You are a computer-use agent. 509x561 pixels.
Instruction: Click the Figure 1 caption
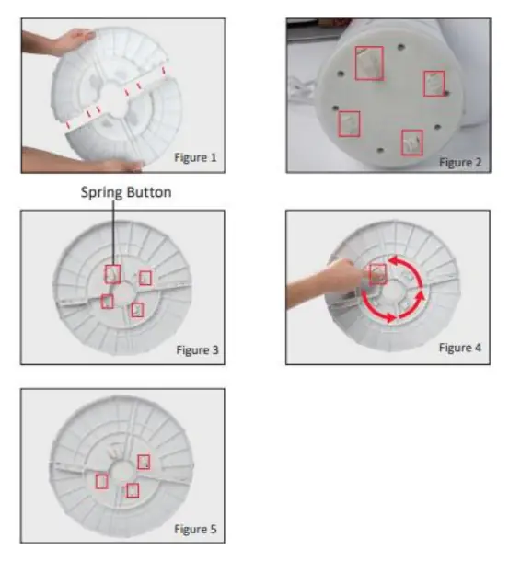pyautogui.click(x=195, y=157)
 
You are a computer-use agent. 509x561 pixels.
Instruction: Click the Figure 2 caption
pyautogui.click(x=460, y=162)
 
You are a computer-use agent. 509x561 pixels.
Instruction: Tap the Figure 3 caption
pyautogui.click(x=197, y=349)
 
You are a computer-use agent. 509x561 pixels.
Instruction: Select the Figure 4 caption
pyautogui.click(x=460, y=348)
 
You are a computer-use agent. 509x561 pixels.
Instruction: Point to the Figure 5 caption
pyautogui.click(x=195, y=529)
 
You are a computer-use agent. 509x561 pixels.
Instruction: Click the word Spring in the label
pyautogui.click(x=102, y=192)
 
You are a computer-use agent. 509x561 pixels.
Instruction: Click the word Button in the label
pyautogui.click(x=149, y=192)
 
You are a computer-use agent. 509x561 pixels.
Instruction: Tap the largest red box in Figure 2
pyautogui.click(x=369, y=63)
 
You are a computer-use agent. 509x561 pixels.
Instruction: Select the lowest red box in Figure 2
pyautogui.click(x=412, y=143)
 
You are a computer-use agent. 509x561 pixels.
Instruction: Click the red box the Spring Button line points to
pyautogui.click(x=112, y=274)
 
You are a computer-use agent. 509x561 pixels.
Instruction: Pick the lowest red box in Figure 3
pyautogui.click(x=137, y=310)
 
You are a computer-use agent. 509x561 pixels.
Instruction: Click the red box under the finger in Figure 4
pyautogui.click(x=377, y=274)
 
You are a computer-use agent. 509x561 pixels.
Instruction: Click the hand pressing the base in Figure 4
pyautogui.click(x=322, y=282)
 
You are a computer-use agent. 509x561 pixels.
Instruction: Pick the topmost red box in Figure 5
pyautogui.click(x=144, y=462)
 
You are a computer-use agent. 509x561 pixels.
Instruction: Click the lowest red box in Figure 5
pyautogui.click(x=133, y=490)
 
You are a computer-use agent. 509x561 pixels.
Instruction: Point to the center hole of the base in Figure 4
pyautogui.click(x=393, y=292)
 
